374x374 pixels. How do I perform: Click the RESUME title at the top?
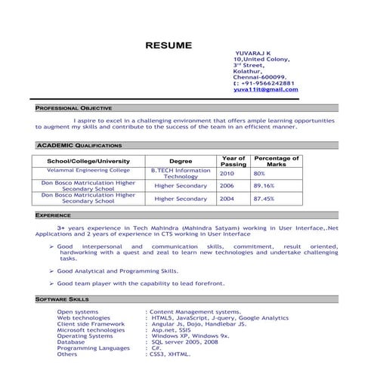tap(168, 45)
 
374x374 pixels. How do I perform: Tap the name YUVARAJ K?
tap(253, 53)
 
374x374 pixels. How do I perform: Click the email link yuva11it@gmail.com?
tap(265, 89)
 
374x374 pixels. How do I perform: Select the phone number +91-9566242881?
tap(266, 83)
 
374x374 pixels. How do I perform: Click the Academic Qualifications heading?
tap(79, 144)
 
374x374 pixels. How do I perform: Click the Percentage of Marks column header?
tap(277, 161)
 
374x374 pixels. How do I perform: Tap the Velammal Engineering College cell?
tap(88, 171)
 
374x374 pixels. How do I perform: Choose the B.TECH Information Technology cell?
tap(181, 173)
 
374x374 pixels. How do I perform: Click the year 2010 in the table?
tap(227, 173)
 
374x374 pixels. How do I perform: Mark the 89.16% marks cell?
tap(264, 185)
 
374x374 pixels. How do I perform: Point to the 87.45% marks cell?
tap(264, 199)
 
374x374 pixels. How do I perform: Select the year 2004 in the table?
tap(227, 199)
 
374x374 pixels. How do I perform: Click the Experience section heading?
tap(54, 215)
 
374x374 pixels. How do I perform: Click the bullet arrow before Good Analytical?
tap(51, 270)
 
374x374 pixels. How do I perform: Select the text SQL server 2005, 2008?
tap(184, 342)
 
